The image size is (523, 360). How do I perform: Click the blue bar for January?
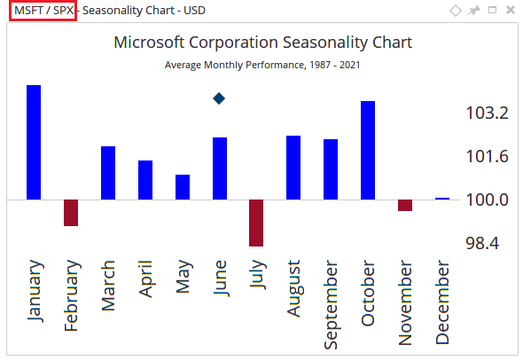[x=34, y=142]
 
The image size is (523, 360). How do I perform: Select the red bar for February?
[x=71, y=213]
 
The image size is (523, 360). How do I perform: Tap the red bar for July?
[x=256, y=223]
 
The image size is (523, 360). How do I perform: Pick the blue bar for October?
[x=368, y=150]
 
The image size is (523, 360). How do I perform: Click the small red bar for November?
[x=405, y=205]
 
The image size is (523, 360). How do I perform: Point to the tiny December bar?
[x=441, y=199]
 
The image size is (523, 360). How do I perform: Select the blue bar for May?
[x=183, y=187]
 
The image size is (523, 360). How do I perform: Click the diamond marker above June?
[x=219, y=98]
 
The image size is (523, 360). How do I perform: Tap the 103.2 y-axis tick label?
[x=487, y=113]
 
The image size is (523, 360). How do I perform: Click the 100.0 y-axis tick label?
[x=487, y=200]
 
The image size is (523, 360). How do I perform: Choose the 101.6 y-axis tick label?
[x=487, y=157]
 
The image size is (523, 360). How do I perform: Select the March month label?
[x=108, y=286]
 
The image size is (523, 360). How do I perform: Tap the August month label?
[x=293, y=288]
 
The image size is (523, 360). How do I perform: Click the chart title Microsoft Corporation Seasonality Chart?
[x=263, y=43]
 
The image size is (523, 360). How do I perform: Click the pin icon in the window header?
[x=474, y=11]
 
